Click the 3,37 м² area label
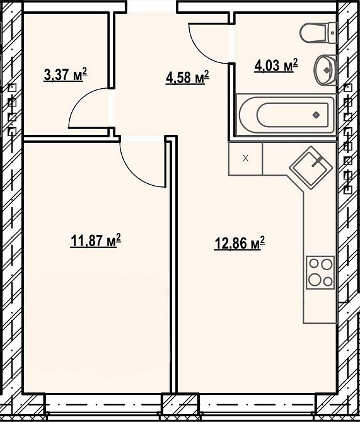click(66, 74)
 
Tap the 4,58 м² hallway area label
click(187, 77)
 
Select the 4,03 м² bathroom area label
click(276, 66)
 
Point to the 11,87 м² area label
click(95, 241)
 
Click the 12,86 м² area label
click(240, 243)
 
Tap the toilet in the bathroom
click(318, 33)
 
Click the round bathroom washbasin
click(325, 70)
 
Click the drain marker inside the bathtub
click(316, 115)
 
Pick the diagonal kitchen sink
click(311, 168)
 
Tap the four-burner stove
click(320, 272)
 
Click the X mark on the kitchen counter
click(245, 158)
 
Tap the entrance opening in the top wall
click(152, 7)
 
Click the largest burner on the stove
click(314, 280)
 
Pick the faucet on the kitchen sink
click(318, 161)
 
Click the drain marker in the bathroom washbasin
click(327, 70)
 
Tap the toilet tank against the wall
click(333, 33)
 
